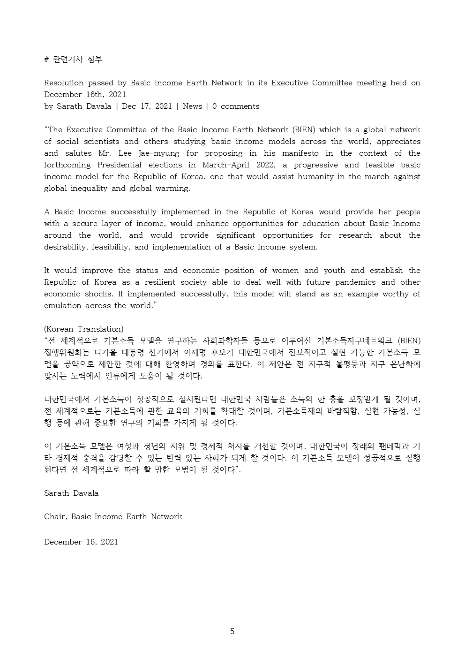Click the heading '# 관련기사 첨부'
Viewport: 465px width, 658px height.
pos(73,59)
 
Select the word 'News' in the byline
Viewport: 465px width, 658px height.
pos(192,106)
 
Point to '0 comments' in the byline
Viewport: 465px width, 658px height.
pos(235,106)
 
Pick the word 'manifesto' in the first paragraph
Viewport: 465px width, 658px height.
pos(300,153)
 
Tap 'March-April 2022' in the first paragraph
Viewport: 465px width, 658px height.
pos(229,165)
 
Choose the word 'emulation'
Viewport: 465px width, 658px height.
pos(62,306)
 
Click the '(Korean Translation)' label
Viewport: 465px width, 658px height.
pos(84,329)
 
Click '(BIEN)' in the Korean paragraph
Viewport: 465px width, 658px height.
pos(409,341)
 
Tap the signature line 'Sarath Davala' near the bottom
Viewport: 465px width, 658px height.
pos(71,493)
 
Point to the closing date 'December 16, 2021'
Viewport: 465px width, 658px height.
pos(81,542)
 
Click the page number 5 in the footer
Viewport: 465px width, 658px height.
pos(232,631)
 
